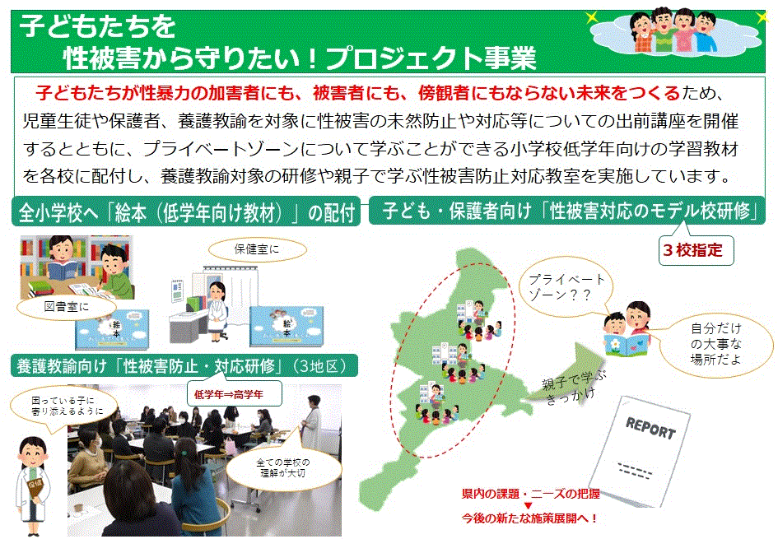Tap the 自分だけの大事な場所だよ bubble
716,344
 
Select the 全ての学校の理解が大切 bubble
283,467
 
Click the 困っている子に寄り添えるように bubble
64,407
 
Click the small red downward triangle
528,506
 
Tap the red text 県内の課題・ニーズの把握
530,494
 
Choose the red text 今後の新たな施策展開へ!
529,518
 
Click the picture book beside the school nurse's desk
287,326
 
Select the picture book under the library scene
112,329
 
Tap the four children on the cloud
675,30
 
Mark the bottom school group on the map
436,403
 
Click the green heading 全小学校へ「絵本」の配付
186,212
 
